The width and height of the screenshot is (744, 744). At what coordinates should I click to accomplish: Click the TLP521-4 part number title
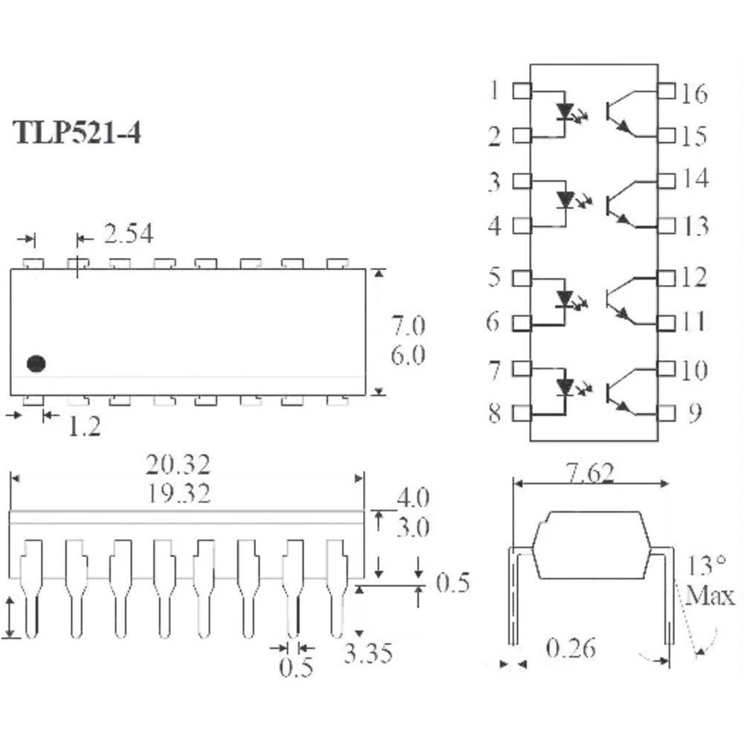tap(77, 132)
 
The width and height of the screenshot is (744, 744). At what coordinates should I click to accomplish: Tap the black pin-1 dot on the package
tap(36, 364)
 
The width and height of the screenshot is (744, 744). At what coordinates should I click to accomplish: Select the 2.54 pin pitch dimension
tap(129, 234)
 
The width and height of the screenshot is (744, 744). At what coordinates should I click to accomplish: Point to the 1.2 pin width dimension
tap(85, 426)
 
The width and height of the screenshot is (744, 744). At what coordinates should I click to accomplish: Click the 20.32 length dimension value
tap(178, 465)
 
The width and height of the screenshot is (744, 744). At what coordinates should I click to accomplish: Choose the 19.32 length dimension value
tap(179, 493)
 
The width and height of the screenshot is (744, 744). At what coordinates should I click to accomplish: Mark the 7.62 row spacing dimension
tap(590, 473)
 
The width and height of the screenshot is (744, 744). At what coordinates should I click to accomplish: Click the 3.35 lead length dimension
tap(368, 653)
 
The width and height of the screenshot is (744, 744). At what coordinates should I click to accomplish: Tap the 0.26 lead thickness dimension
tap(571, 648)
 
